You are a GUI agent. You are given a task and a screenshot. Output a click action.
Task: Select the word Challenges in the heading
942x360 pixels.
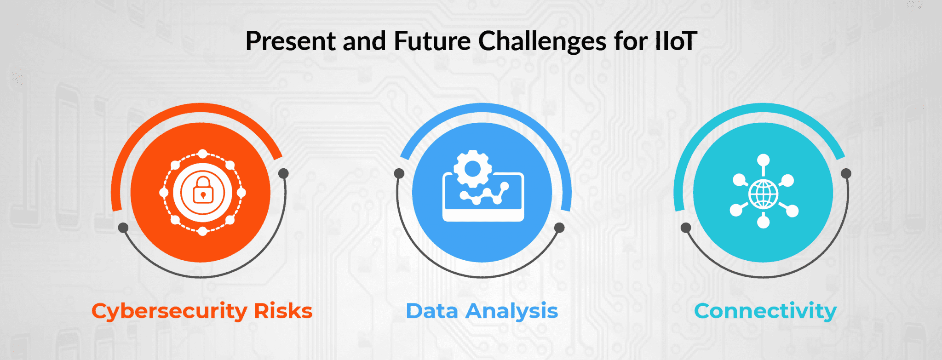(542, 41)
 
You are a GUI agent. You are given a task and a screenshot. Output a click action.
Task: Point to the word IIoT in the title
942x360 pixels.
(676, 41)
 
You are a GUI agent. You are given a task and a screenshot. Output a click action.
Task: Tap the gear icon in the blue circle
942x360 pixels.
(472, 169)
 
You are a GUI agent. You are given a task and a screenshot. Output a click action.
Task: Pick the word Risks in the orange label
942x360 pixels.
(283, 311)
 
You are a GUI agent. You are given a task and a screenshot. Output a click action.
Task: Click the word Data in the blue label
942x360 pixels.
(432, 311)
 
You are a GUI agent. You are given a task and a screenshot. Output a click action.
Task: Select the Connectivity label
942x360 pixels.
(765, 311)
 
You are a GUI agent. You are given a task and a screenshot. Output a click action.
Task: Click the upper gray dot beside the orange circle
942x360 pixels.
(284, 173)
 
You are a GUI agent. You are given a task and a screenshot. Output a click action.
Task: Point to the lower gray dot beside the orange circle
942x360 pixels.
(123, 228)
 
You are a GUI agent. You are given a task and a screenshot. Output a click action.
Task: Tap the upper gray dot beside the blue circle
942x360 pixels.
(399, 173)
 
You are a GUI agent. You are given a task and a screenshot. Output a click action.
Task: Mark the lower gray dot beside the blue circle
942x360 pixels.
(559, 228)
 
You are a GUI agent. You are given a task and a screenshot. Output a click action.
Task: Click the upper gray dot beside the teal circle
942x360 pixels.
(846, 173)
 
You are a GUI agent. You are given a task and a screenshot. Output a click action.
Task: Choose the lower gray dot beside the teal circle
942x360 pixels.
(686, 228)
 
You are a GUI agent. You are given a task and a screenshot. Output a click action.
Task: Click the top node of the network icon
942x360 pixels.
(764, 160)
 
